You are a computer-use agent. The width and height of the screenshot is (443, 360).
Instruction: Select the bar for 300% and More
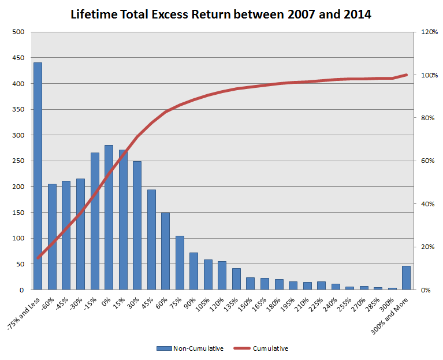coord(407,278)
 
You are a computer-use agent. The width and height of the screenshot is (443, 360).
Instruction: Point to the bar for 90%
coord(193,271)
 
